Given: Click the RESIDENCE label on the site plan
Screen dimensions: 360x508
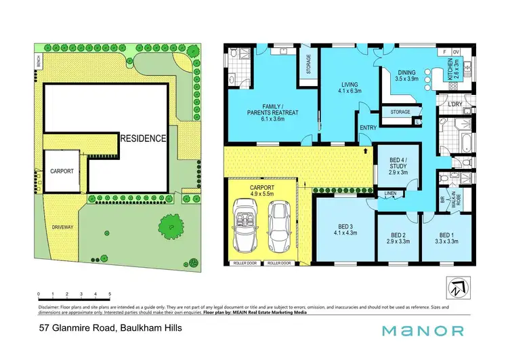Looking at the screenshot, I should click(143, 138).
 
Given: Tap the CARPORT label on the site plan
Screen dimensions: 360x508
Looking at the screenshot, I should click(62, 172).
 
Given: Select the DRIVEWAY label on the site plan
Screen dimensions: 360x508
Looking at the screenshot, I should click(63, 227).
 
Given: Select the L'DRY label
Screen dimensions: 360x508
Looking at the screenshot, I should click(454, 104).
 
